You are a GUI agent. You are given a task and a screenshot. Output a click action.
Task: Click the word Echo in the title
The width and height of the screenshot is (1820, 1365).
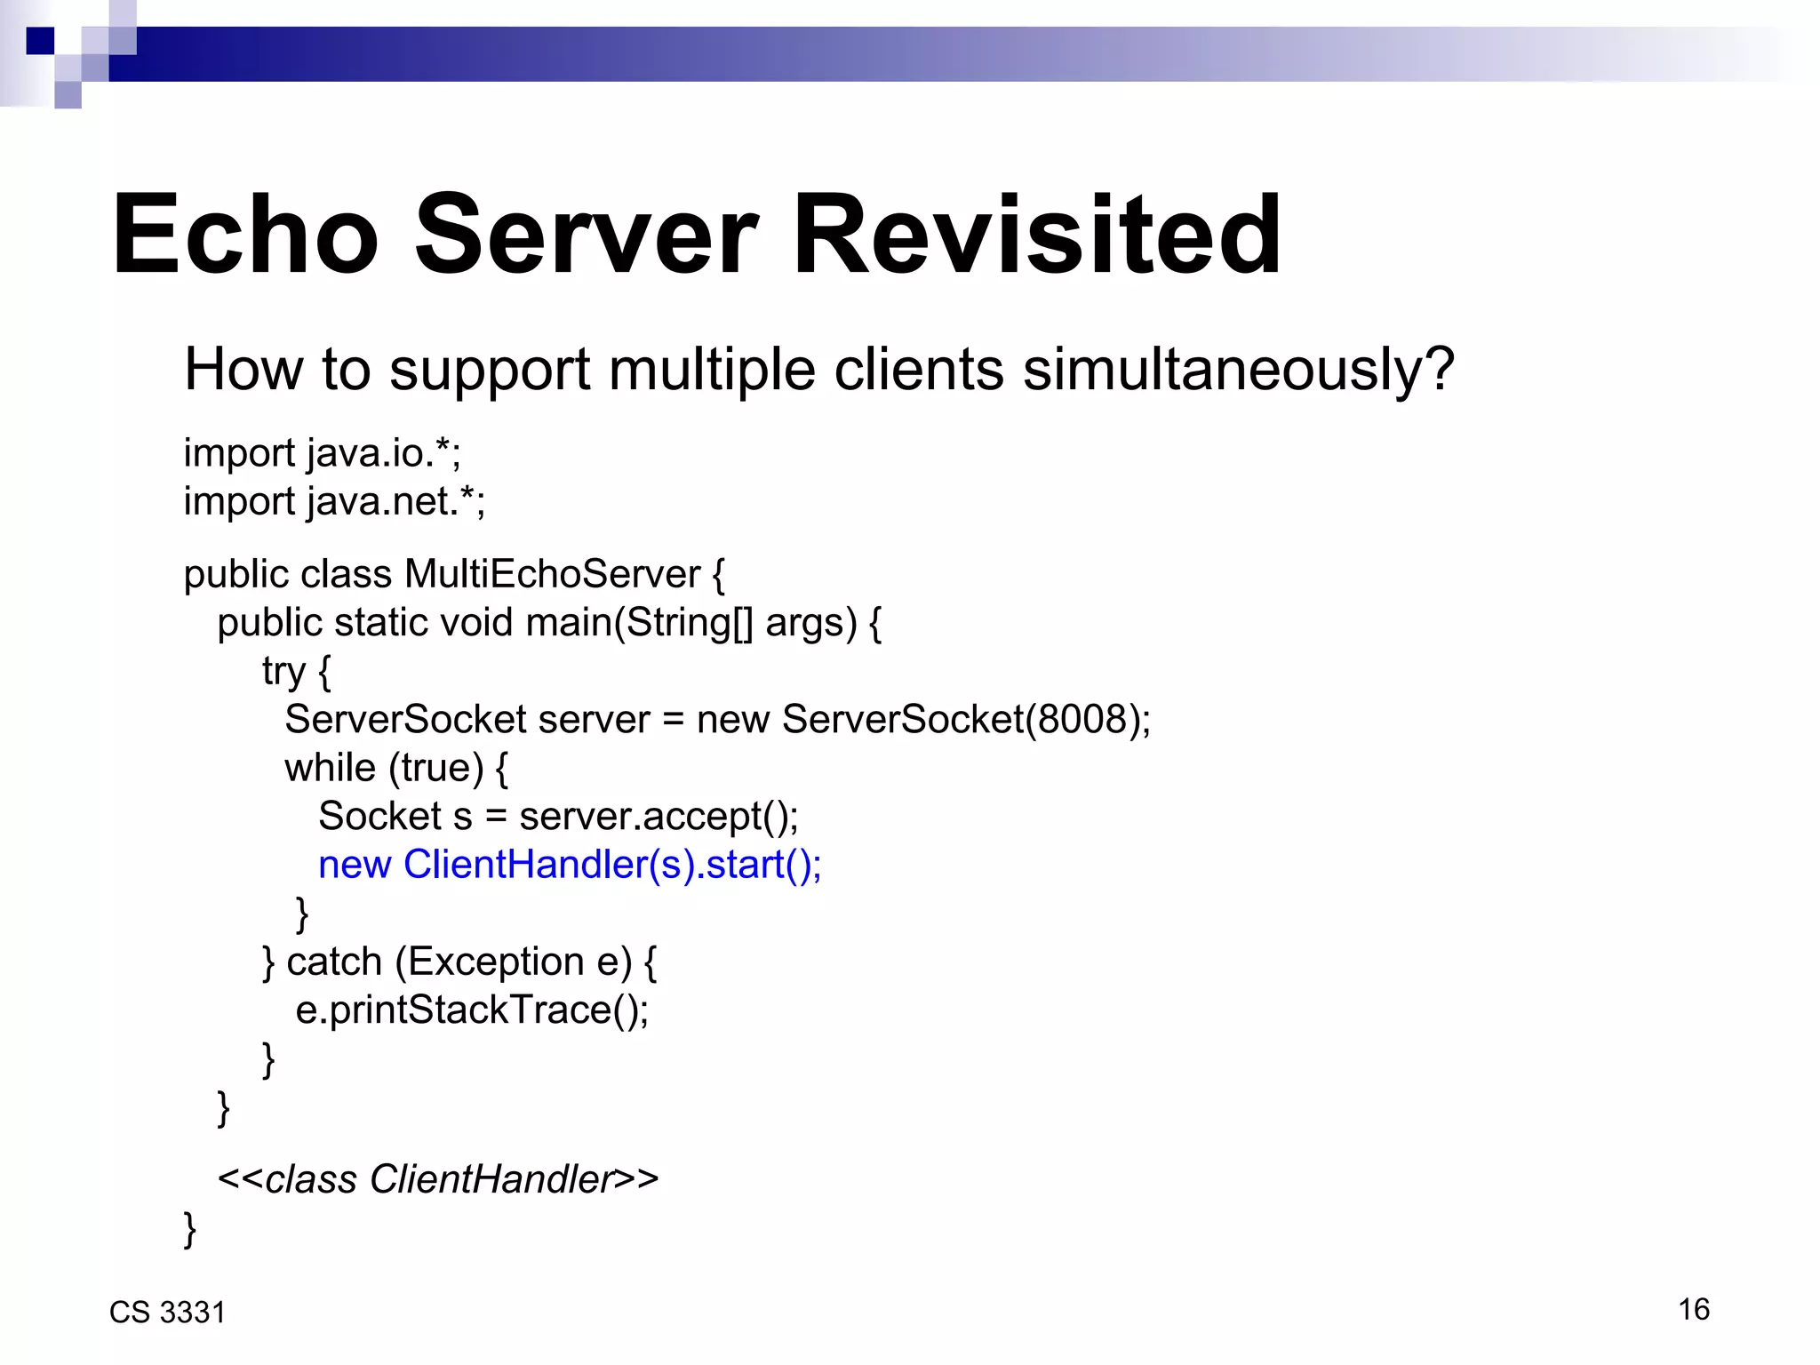(x=245, y=235)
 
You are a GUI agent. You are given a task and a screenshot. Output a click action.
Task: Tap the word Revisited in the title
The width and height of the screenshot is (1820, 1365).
(x=1036, y=235)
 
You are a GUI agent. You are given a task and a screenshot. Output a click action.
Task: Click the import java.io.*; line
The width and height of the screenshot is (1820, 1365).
(x=322, y=454)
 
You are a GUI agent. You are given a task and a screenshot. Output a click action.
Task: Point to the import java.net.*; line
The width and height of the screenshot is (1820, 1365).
(x=334, y=502)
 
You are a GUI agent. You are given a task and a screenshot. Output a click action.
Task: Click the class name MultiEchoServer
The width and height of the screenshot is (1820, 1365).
(x=552, y=575)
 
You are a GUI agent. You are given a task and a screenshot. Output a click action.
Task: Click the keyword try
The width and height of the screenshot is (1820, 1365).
(x=283, y=672)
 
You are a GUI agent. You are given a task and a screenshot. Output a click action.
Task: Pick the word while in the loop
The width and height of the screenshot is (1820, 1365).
(x=330, y=768)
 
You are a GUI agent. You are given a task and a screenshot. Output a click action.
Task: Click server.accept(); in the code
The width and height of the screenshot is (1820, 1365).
(x=659, y=817)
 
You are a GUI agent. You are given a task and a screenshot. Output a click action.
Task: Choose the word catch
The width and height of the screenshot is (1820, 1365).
(x=334, y=962)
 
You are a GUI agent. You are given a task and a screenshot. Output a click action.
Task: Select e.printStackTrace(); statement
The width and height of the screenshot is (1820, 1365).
(x=472, y=1010)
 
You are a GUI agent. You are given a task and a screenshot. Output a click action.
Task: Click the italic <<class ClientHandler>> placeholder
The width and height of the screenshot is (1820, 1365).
(x=438, y=1180)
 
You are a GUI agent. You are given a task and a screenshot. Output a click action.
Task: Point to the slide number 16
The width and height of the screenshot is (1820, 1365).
(x=1694, y=1310)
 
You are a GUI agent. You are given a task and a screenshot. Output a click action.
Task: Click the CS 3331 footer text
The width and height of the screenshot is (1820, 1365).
(x=167, y=1313)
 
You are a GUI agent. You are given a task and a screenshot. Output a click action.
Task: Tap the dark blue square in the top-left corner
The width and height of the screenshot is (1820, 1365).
(x=40, y=41)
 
